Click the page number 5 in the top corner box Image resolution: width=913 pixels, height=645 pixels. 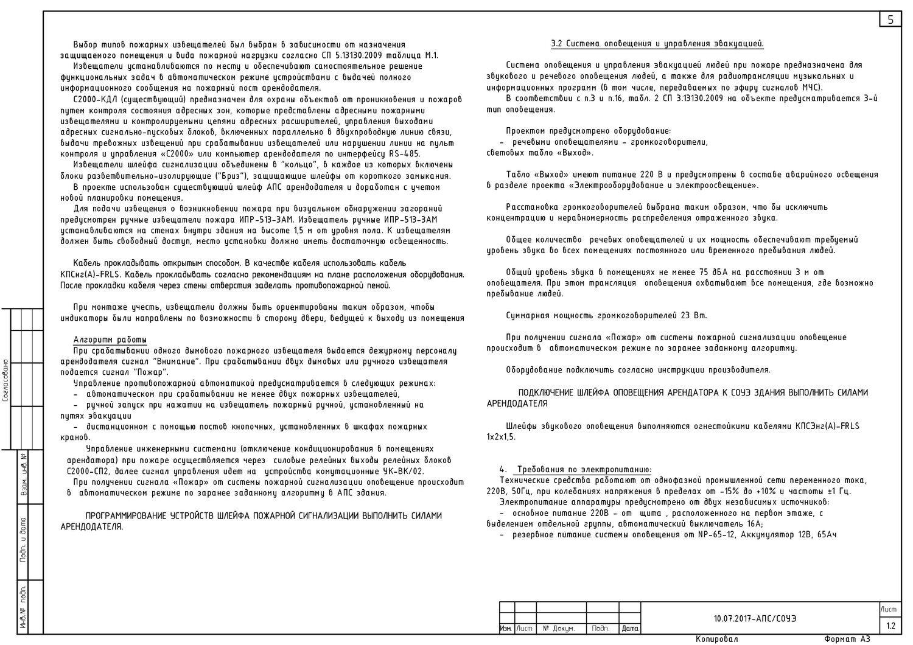[890, 19]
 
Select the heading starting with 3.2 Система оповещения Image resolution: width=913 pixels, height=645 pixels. [657, 44]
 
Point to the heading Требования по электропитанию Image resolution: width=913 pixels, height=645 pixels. [584, 469]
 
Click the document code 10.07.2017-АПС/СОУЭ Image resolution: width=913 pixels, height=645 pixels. [754, 619]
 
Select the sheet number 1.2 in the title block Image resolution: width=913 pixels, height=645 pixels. [890, 626]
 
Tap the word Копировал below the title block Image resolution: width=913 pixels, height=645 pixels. [716, 640]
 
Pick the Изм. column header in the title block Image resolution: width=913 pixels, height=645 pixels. [505, 629]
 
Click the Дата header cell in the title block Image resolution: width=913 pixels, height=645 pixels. [630, 629]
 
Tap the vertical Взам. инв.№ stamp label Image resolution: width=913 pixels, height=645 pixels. [23, 475]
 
